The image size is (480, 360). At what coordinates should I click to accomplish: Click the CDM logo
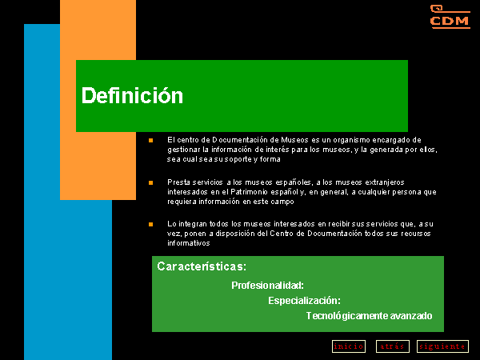[x=450, y=17]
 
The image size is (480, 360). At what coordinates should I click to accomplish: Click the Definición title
[x=132, y=95]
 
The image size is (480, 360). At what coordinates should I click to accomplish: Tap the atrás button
[x=393, y=346]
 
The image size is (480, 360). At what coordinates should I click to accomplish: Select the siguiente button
[x=442, y=346]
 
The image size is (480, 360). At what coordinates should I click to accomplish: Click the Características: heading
[x=202, y=266]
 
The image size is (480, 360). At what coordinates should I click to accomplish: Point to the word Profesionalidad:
[x=267, y=286]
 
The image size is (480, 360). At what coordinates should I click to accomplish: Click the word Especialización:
[x=304, y=301]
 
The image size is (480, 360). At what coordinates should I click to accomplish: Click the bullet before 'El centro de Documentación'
[x=150, y=141]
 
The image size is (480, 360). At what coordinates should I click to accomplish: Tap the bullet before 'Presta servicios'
[x=150, y=182]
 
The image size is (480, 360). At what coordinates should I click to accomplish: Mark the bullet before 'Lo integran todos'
[x=150, y=224]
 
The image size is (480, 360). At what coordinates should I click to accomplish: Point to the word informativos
[x=188, y=243]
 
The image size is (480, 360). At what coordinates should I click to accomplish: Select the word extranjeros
[x=385, y=182]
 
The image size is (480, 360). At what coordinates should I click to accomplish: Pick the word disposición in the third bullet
[x=235, y=234]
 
